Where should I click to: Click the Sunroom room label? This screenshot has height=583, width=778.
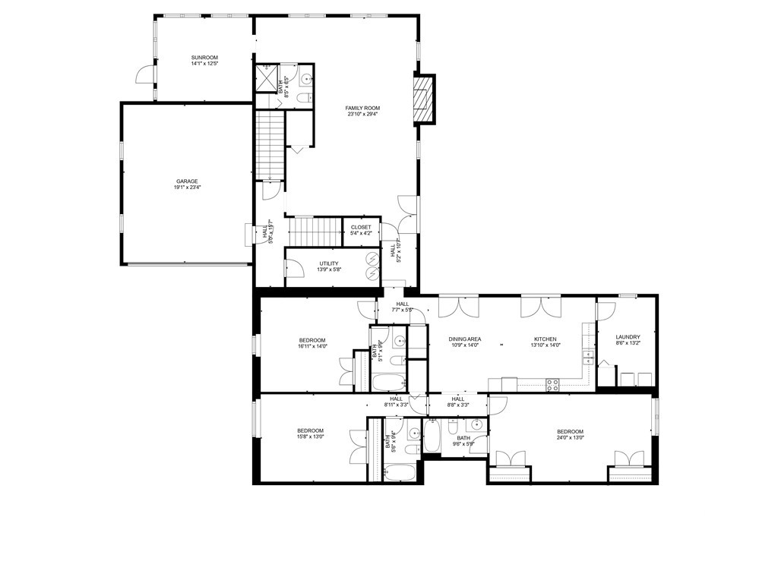tap(204, 61)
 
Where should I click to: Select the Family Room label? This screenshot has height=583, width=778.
tap(362, 112)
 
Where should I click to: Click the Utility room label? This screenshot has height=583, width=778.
tap(329, 266)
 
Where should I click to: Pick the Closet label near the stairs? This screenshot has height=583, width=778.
tap(361, 230)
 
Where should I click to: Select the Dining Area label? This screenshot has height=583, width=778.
tap(464, 342)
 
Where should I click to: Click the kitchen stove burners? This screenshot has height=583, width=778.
tap(552, 384)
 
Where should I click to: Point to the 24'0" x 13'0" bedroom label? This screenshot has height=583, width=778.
tap(570, 434)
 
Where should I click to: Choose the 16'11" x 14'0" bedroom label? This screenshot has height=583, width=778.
tap(312, 343)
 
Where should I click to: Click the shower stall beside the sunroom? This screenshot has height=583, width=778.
tap(267, 78)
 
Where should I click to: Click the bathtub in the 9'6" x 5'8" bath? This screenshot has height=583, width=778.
tap(432, 436)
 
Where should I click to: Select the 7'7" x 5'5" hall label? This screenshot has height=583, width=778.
tap(402, 307)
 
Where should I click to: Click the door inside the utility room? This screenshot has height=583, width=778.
tap(291, 269)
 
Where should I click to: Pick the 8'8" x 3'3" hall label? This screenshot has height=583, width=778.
tap(458, 402)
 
